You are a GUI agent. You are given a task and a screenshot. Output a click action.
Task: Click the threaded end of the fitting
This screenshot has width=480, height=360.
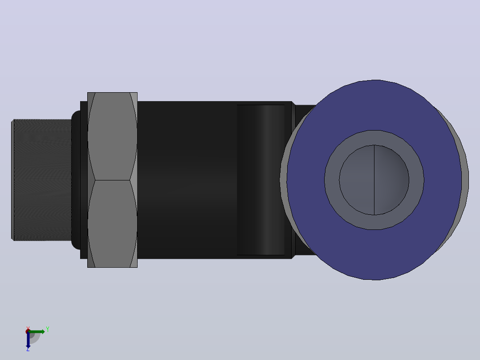pyautogui.click(x=42, y=180)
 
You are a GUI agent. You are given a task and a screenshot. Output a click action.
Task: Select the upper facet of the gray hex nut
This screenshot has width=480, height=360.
pyautogui.click(x=112, y=136)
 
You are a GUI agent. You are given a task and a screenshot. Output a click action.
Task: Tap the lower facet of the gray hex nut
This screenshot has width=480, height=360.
pyautogui.click(x=112, y=224)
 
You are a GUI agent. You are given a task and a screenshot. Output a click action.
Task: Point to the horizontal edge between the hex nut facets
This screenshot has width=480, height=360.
pyautogui.click(x=112, y=180)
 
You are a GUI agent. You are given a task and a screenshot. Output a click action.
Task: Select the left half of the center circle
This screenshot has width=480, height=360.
pyautogui.click(x=357, y=180)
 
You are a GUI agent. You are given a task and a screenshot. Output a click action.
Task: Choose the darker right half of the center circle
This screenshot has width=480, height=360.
pyautogui.click(x=391, y=180)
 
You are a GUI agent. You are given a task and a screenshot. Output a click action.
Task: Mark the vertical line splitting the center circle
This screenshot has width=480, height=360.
pyautogui.click(x=374, y=180)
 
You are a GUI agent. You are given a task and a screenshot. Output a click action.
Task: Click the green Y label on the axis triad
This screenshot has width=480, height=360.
pyautogui.click(x=48, y=329)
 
